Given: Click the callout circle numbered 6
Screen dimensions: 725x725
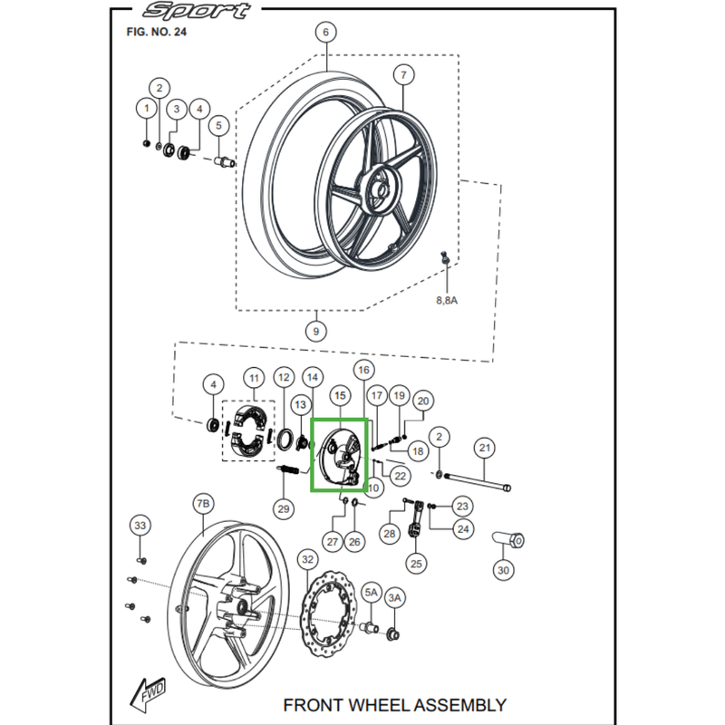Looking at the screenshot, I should (x=324, y=33).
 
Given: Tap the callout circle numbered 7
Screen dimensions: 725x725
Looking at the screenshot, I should (x=403, y=74).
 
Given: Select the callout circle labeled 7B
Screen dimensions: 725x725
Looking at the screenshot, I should (x=203, y=503).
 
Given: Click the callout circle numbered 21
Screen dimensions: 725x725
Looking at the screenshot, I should (x=485, y=448).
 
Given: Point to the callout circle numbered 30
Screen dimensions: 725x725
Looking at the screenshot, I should (x=502, y=571).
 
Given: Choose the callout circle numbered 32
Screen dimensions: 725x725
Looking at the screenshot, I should (x=308, y=560).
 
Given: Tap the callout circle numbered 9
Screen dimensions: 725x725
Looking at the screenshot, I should (x=315, y=331).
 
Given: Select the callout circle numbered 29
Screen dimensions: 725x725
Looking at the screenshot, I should (x=284, y=509).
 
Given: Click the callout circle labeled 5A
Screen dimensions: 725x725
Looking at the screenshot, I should (x=372, y=592).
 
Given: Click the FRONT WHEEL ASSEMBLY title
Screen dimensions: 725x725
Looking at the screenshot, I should (x=394, y=704).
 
